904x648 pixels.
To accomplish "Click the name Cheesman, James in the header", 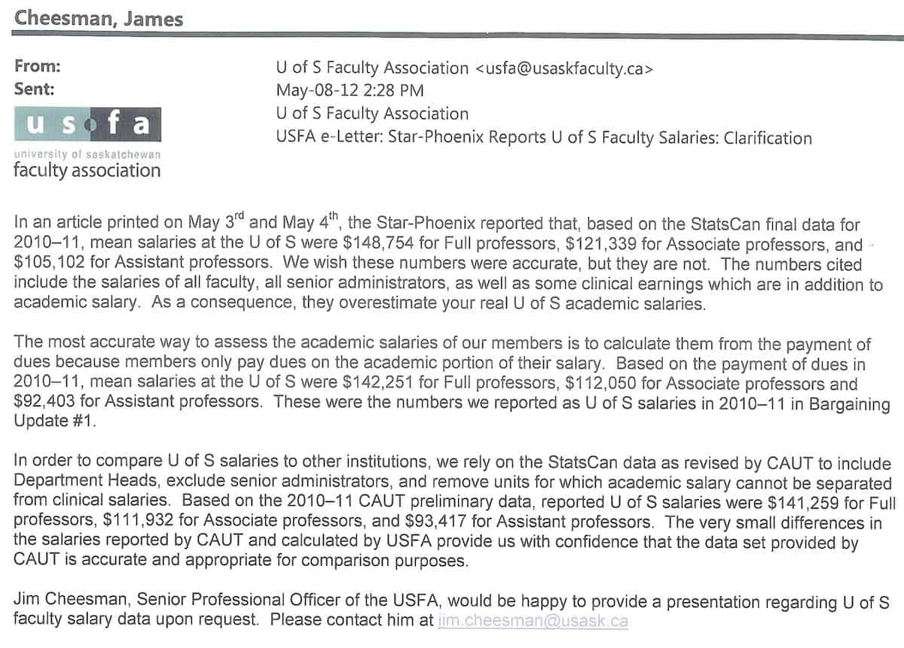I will click(99, 17).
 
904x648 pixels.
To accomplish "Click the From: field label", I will click(37, 66).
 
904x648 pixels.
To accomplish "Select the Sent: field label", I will click(35, 89).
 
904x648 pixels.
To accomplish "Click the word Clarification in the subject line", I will click(768, 138).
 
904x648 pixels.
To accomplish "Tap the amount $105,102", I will click(50, 266).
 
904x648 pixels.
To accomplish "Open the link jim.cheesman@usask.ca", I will click(533, 621).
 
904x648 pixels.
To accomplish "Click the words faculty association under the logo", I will click(87, 171).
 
